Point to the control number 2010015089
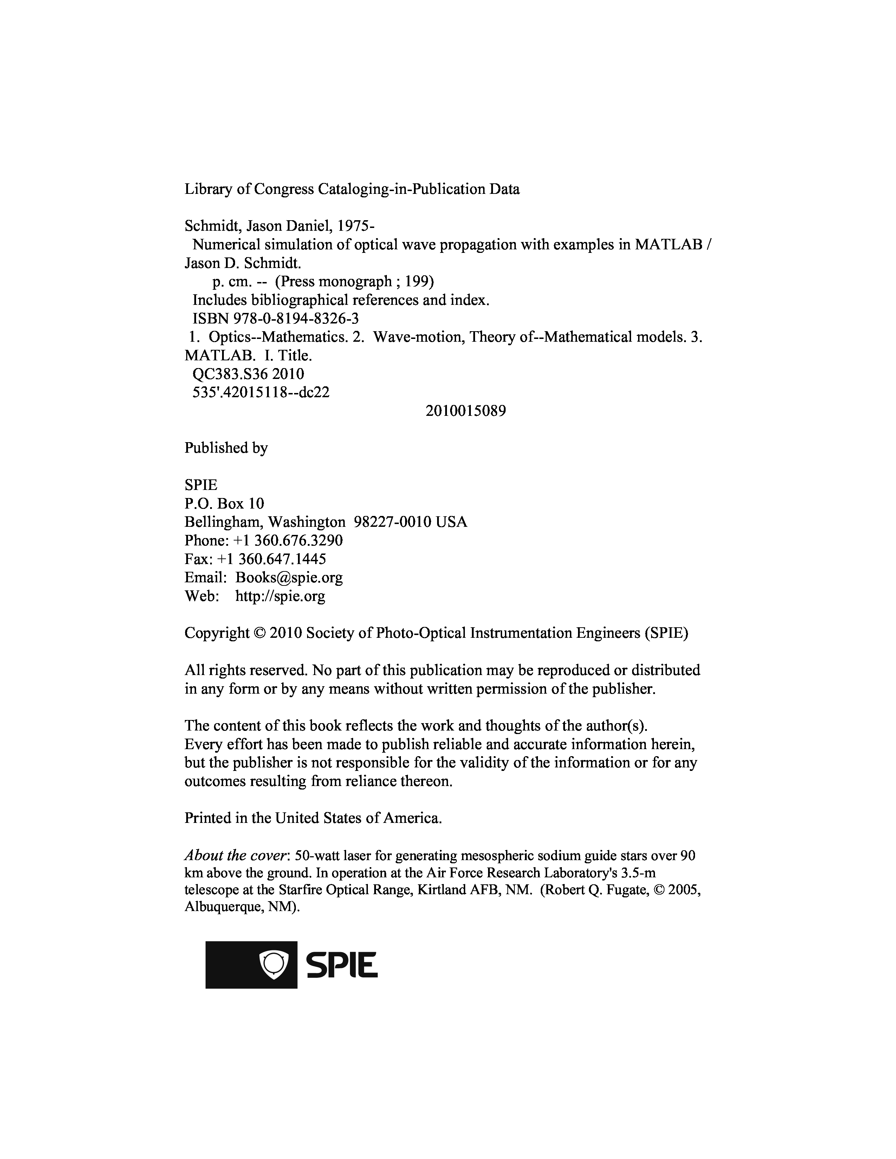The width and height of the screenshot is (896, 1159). click(466, 411)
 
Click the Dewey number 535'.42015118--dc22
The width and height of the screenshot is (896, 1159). click(261, 393)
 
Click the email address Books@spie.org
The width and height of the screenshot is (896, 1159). click(289, 577)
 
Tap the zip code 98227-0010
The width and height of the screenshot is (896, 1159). click(392, 522)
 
